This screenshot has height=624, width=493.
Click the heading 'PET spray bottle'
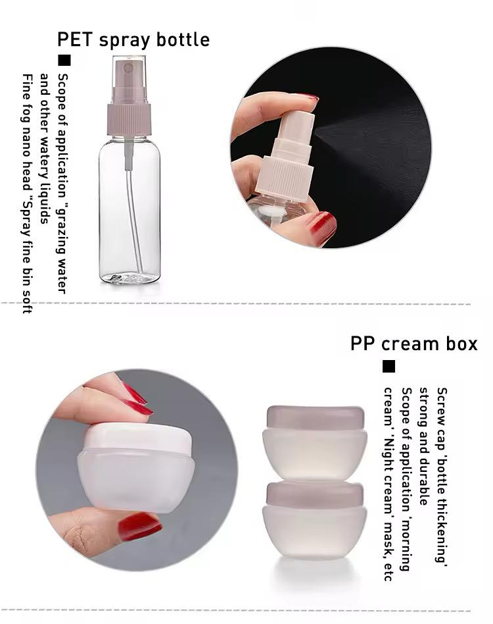point(133,40)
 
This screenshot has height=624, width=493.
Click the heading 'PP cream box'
point(414,344)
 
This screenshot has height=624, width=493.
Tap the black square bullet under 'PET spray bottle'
point(64,60)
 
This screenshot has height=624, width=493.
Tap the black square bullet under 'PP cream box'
point(389,366)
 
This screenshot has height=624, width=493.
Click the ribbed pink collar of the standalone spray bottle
point(129,120)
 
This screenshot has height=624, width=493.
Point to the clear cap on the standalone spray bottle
point(129,80)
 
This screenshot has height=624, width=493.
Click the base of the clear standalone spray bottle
point(129,277)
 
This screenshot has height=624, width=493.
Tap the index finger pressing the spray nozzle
point(274,109)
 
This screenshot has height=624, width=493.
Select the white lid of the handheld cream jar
point(138,438)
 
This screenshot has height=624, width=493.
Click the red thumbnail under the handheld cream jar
point(139,526)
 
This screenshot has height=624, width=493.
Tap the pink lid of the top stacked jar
point(316,417)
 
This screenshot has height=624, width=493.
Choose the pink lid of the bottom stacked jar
point(316,494)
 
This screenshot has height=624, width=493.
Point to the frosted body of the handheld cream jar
point(136,482)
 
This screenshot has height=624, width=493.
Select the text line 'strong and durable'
point(424,446)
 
